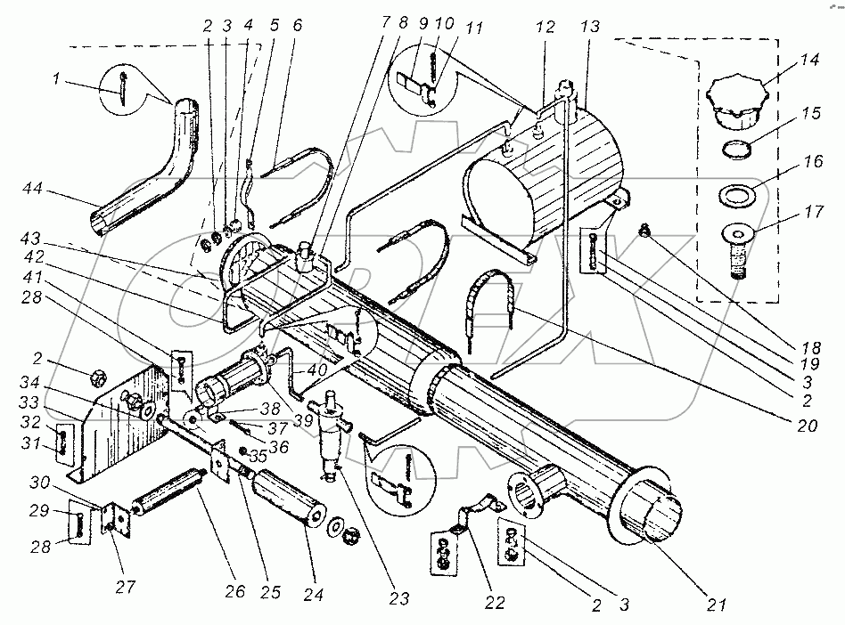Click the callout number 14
[808, 60]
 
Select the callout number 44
[32, 189]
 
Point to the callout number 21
[716, 605]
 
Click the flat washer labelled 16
[736, 194]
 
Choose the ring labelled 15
[736, 149]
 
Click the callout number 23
[398, 598]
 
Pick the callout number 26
[234, 592]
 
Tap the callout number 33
[30, 402]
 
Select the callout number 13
[590, 27]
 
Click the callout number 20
[807, 426]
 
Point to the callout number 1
[56, 78]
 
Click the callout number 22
[494, 603]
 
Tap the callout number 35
[258, 456]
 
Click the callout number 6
[297, 25]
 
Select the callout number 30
[39, 483]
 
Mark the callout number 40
[317, 370]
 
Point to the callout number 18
[810, 348]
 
